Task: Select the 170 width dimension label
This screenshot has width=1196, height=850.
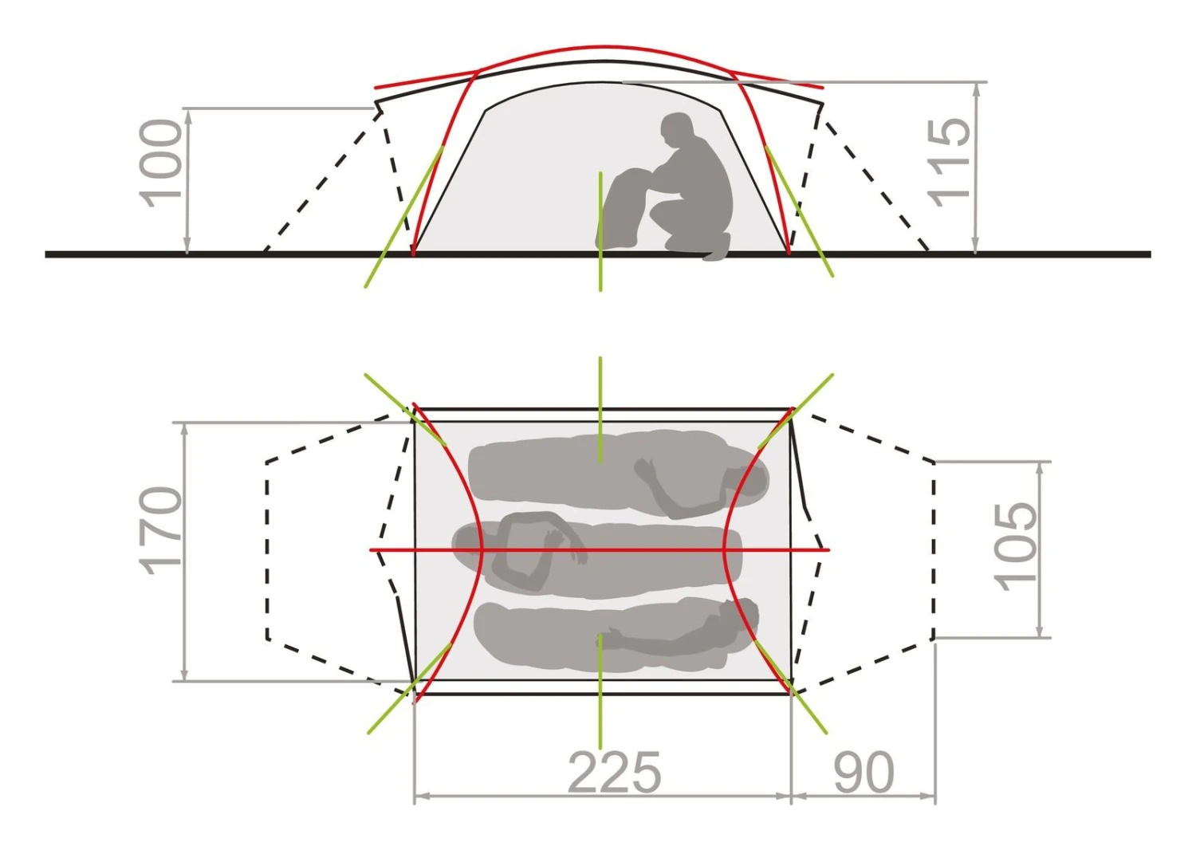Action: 160,531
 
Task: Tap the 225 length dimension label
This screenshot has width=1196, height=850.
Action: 614,773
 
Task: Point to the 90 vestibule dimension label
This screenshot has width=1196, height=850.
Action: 864,773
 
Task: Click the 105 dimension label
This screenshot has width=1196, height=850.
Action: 1016,547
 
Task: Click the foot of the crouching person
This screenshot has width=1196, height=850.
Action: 716,248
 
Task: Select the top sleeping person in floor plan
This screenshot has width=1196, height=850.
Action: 618,473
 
